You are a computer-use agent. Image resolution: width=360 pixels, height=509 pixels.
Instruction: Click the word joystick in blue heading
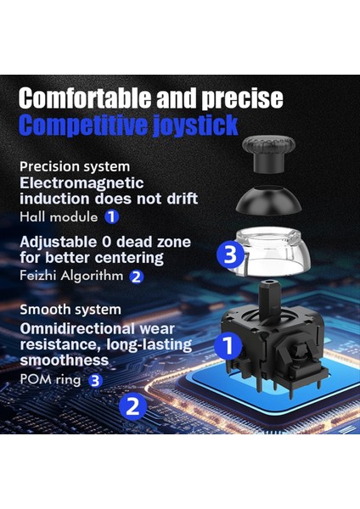tap(194, 126)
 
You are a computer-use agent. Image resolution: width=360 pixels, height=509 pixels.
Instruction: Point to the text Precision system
tap(75, 166)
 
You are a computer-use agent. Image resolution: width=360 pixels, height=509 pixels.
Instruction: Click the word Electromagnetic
tap(82, 182)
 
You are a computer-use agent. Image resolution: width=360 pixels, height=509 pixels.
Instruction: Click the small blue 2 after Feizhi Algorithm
tap(137, 276)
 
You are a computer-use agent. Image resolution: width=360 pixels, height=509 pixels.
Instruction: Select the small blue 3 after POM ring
tap(95, 380)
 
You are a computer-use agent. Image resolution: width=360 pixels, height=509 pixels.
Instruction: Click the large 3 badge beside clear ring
tap(232, 254)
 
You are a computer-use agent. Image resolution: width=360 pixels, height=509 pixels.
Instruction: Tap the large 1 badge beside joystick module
tap(225, 345)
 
